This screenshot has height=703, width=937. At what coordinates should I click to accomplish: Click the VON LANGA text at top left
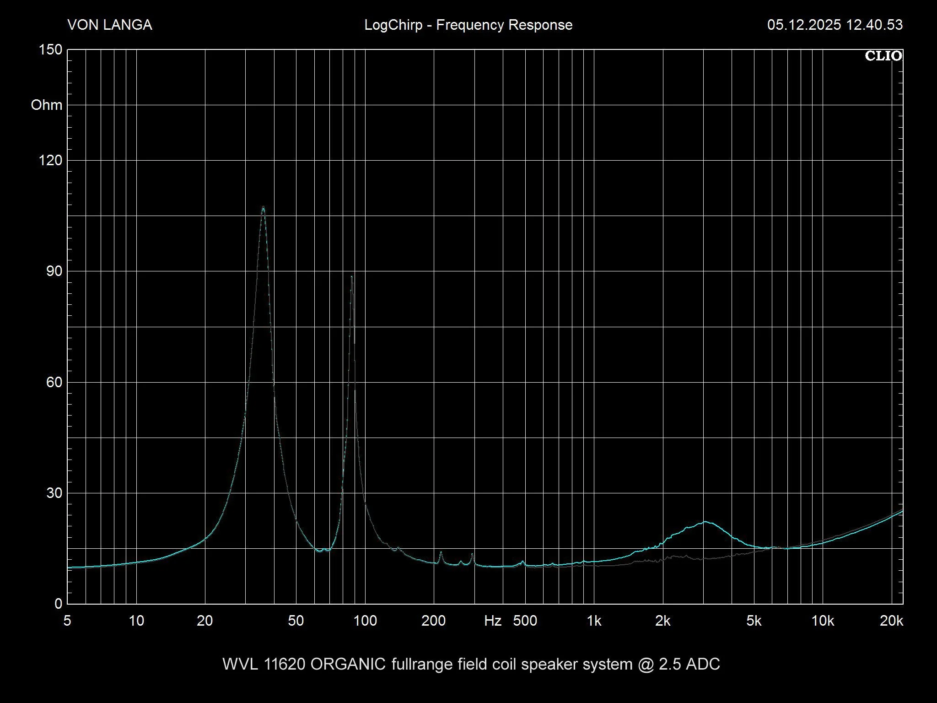110,25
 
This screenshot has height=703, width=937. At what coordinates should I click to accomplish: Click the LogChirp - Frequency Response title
468,25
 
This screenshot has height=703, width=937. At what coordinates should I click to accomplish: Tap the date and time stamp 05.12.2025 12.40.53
835,25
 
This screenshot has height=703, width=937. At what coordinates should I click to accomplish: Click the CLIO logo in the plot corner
883,56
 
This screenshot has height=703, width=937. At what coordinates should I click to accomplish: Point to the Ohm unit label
46,105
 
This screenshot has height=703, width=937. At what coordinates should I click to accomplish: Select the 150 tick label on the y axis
51,49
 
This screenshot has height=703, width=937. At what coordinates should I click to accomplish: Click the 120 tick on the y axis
51,160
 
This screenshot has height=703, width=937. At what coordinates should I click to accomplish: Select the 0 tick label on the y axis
58,604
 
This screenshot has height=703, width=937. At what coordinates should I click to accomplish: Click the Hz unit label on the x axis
493,621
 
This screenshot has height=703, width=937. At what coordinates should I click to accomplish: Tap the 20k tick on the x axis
891,621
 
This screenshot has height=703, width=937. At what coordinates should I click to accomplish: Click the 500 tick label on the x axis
525,621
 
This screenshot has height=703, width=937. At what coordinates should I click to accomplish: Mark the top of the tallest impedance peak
263,207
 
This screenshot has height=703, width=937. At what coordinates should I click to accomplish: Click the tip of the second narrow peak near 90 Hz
351,276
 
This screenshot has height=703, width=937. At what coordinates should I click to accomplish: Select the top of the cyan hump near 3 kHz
705,522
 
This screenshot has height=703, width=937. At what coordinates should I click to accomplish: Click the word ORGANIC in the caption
348,664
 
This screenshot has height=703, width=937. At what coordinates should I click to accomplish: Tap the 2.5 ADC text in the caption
689,664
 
